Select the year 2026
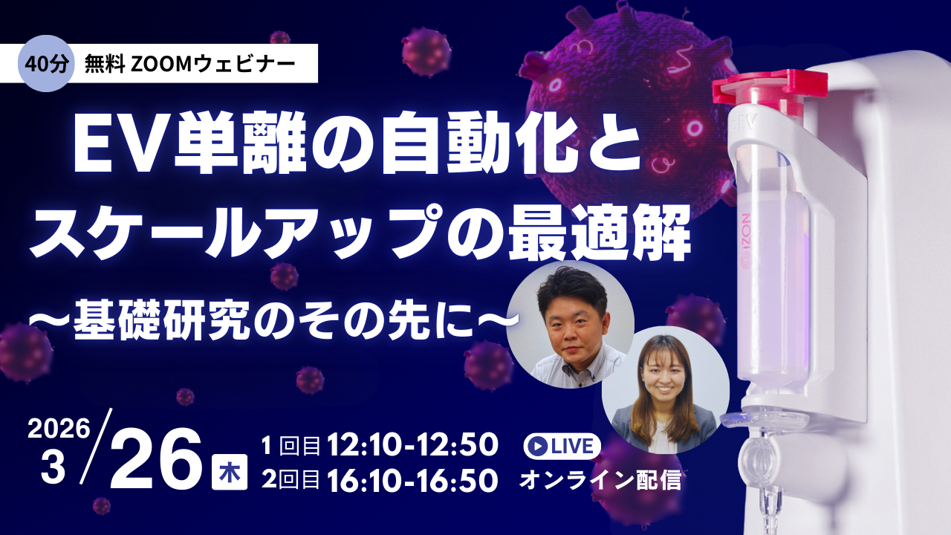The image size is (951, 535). click(x=59, y=430)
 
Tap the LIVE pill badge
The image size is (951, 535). click(x=562, y=446)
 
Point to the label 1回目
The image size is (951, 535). click(x=291, y=446)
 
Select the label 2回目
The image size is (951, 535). click(x=291, y=481)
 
